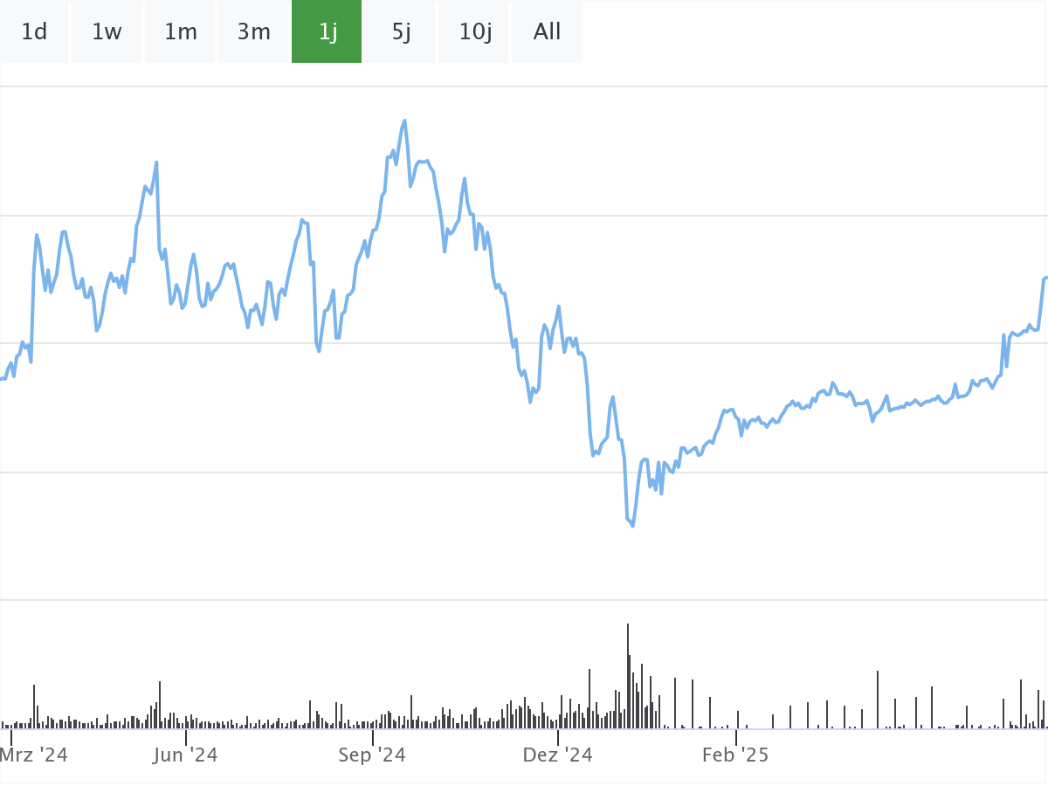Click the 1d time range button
[34, 32]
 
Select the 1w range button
[107, 32]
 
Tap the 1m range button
[181, 32]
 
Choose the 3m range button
[254, 32]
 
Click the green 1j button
[327, 32]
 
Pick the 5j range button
[401, 32]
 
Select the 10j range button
[475, 32]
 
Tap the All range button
[547, 32]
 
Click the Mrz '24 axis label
[34, 755]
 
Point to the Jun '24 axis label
[185, 755]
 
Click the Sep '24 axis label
[372, 755]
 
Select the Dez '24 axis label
[558, 755]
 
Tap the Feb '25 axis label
[735, 755]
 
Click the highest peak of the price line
[404, 121]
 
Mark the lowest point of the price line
[633, 526]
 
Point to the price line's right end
[1045, 278]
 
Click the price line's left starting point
[2, 378]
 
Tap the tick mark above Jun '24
[185, 738]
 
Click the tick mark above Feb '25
[735, 738]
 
